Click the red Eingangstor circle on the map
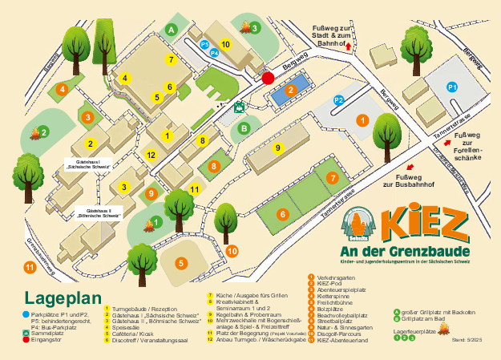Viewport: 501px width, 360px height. [x=268, y=77]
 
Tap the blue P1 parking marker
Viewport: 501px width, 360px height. [x=451, y=86]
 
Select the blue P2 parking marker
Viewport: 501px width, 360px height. [x=338, y=100]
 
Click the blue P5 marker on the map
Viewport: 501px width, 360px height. [x=204, y=43]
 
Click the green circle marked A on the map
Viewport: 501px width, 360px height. [x=171, y=28]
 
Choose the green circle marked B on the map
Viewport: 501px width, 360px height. [x=244, y=127]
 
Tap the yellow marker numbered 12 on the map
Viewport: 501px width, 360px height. [x=151, y=154]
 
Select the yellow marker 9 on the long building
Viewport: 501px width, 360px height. [x=278, y=148]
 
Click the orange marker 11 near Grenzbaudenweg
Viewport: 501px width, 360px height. [x=29, y=267]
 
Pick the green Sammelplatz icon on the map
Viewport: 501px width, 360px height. [x=239, y=106]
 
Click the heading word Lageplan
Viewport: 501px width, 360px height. [x=65, y=298]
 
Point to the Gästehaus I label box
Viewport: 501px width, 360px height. [x=87, y=164]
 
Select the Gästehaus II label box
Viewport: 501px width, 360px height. [x=99, y=214]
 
